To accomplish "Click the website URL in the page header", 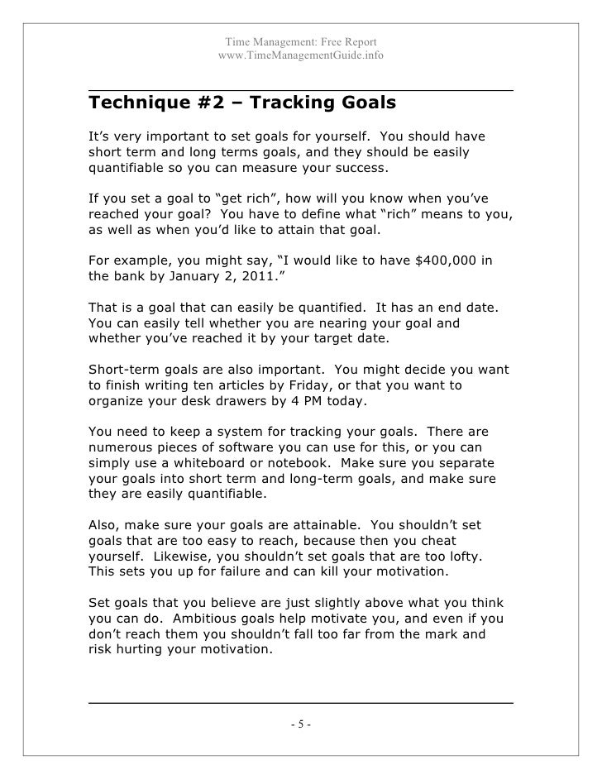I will (x=300, y=55).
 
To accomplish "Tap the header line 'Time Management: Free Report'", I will (x=301, y=41).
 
